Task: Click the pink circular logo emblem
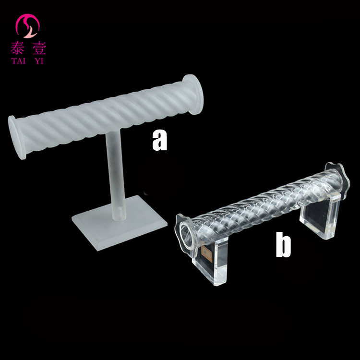(27, 26)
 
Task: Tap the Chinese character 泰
(17, 48)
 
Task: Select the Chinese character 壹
(39, 48)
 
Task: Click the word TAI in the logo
(18, 61)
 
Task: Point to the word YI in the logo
(39, 61)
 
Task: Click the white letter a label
(159, 140)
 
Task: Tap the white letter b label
(283, 244)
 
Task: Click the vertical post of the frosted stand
(116, 175)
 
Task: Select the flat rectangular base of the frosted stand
(120, 223)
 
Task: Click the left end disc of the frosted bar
(16, 137)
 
